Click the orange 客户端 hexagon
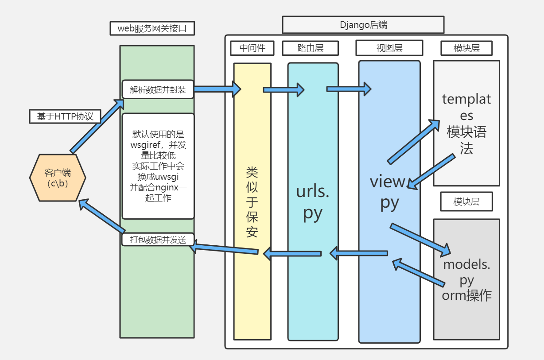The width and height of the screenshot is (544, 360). coord(58,178)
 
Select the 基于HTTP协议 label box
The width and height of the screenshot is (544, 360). coord(65,116)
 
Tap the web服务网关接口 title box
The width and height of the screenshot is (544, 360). coord(152,28)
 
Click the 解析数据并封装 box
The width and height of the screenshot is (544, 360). coord(158,90)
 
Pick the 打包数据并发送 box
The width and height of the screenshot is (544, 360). coord(158,240)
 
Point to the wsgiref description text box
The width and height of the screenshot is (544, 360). coord(158,166)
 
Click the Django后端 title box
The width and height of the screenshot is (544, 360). coord(363,25)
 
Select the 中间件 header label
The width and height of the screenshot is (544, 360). coord(252,48)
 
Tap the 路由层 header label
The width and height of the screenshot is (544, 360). coord(310,48)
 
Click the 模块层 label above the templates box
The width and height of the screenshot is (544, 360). coord(466,48)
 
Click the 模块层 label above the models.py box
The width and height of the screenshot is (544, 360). coord(466,202)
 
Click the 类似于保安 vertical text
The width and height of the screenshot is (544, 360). coord(252,202)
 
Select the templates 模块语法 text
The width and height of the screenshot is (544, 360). coord(466,124)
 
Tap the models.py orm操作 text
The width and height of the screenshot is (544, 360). coord(466,280)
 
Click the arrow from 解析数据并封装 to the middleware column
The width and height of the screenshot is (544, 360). coord(217,89)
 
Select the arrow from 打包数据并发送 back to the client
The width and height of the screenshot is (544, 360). coord(102,217)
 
